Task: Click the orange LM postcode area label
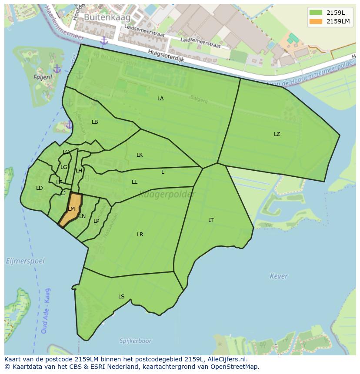point(71,209)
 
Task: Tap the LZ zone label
point(277,134)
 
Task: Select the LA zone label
point(160,99)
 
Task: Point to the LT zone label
point(211,220)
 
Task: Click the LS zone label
point(121,297)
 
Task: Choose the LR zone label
point(140,235)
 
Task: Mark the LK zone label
point(140,155)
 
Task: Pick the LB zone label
point(95,122)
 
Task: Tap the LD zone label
point(39,188)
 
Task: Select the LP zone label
point(97,221)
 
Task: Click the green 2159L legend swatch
point(316,13)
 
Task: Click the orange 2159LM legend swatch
point(316,21)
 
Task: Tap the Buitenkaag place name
point(101,17)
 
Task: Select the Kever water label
point(279,276)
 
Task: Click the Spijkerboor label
point(134,341)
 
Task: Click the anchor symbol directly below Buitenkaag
point(103,41)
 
